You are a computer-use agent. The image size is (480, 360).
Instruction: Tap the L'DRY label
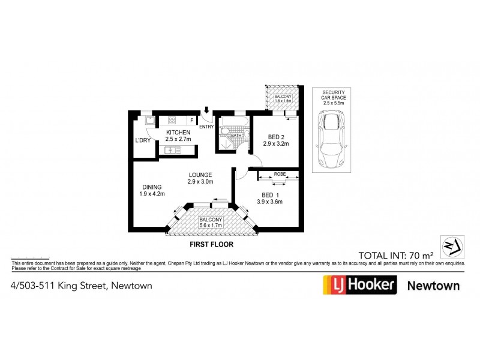point(143,140)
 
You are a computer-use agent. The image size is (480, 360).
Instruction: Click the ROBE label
point(279,174)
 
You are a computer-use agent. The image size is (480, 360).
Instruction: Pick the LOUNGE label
point(200,175)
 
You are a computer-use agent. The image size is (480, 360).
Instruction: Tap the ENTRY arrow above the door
point(206,110)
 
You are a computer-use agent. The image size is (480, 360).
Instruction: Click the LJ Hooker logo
point(359,284)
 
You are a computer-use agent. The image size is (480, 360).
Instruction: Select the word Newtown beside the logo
point(433,285)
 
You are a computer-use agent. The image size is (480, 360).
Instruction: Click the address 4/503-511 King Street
point(81,286)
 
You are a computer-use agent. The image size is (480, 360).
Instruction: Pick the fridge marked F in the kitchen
point(192,119)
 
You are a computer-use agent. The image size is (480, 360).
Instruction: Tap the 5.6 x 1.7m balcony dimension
point(211,226)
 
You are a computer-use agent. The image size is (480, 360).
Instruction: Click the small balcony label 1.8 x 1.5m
point(283,101)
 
